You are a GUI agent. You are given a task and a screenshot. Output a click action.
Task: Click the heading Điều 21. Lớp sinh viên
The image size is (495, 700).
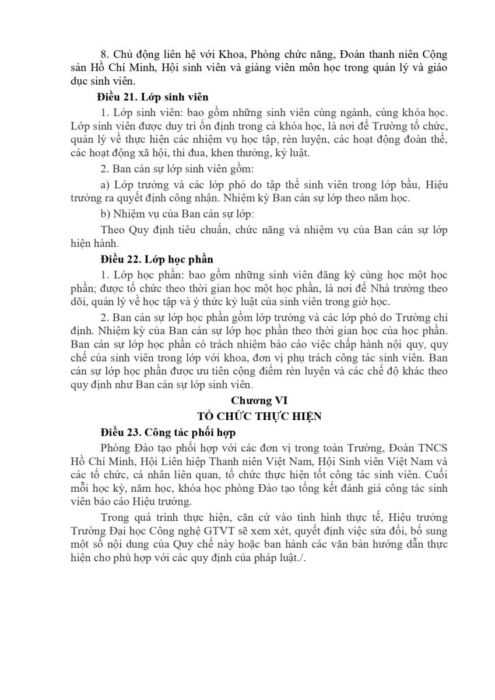pos(154,96)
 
